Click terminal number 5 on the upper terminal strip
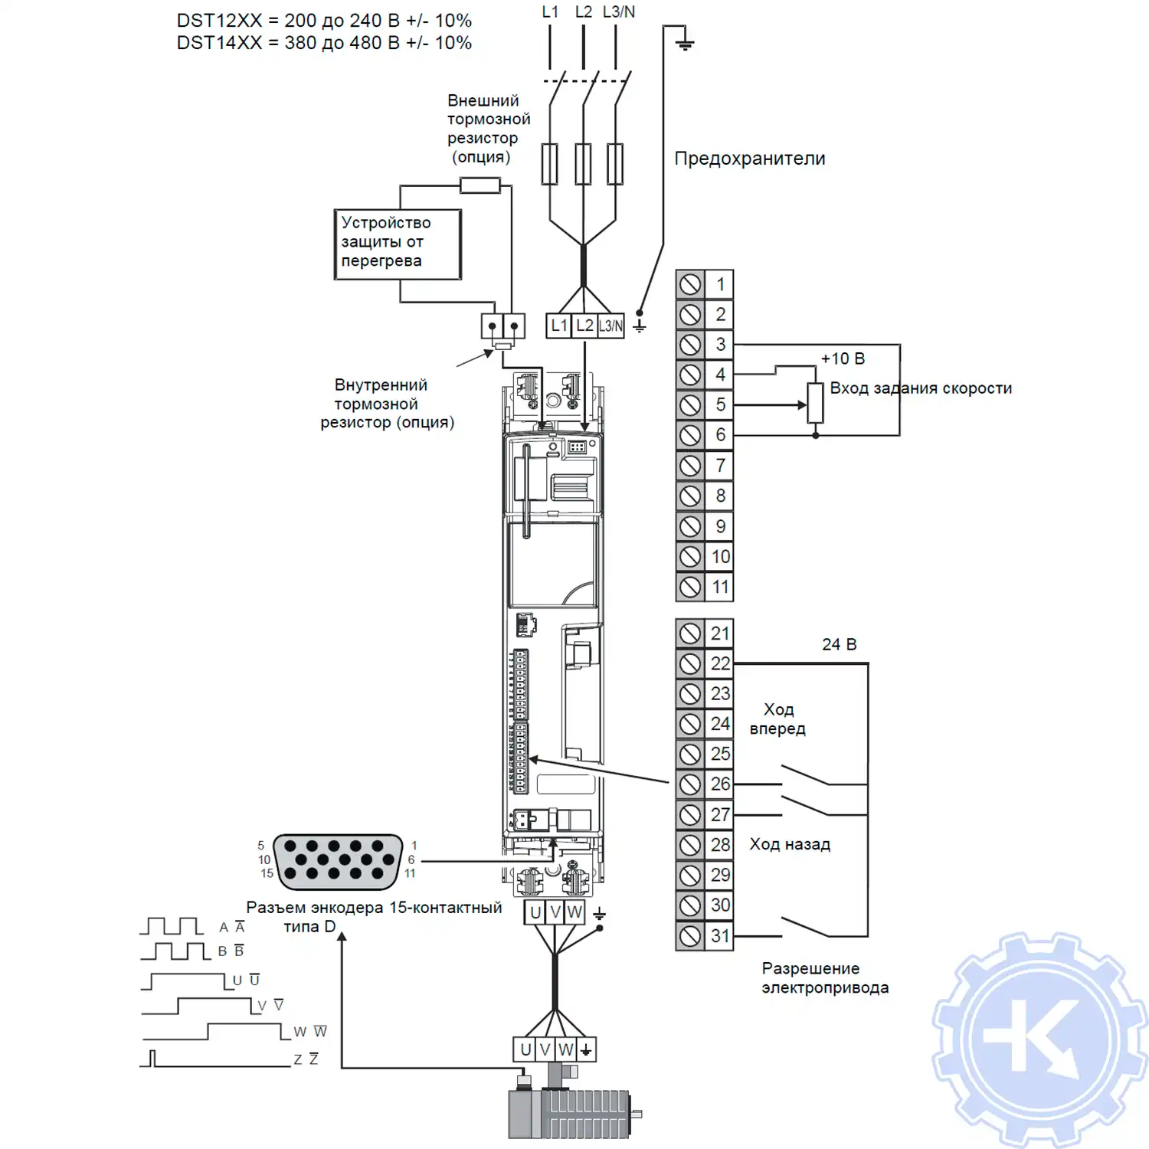coord(720,404)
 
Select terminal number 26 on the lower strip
coord(720,784)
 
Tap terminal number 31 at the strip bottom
coord(720,935)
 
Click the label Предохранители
coord(749,159)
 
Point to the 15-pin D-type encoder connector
coord(338,862)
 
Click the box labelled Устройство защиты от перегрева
coord(398,244)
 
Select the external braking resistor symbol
coord(480,185)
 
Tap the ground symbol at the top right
coord(685,43)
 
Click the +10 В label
coord(843,358)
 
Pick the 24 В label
coord(839,644)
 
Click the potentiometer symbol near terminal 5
coord(815,403)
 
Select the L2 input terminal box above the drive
coord(584,326)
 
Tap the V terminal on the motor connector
coord(545,1049)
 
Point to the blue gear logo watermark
coord(1039,1039)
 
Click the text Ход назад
coord(789,844)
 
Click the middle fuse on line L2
coord(583,163)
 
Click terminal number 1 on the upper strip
coord(720,284)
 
